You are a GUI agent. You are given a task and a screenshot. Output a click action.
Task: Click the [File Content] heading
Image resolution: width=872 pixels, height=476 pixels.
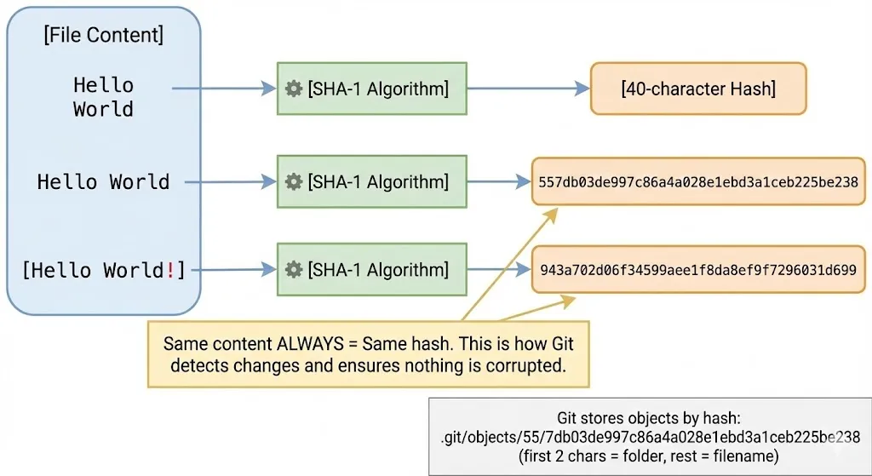click(103, 36)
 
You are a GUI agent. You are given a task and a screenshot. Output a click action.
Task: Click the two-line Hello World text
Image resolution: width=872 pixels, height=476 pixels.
click(103, 97)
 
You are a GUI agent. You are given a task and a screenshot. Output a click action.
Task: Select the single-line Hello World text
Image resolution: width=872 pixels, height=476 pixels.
click(103, 182)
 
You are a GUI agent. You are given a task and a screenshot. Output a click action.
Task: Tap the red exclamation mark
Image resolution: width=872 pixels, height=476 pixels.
click(170, 271)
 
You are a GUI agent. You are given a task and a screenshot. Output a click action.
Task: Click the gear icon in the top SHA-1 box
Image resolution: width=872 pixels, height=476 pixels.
click(294, 89)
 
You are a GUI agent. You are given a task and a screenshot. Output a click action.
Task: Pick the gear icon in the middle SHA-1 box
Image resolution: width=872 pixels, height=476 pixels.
click(294, 181)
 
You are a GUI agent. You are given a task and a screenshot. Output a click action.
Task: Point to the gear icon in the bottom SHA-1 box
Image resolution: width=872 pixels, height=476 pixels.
click(294, 270)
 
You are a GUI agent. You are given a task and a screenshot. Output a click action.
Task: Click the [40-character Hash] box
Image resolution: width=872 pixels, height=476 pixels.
click(698, 89)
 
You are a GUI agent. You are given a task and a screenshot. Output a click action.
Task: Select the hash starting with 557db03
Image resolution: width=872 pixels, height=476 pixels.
click(697, 181)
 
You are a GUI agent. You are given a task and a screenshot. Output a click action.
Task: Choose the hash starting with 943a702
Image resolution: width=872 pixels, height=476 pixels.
click(697, 270)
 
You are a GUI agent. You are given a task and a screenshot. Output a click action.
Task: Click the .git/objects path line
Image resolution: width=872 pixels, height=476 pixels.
click(650, 437)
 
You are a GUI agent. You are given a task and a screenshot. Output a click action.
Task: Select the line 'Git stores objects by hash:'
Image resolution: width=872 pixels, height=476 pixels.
click(650, 418)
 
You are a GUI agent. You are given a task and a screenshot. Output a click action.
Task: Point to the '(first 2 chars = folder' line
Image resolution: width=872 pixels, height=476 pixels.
click(650, 456)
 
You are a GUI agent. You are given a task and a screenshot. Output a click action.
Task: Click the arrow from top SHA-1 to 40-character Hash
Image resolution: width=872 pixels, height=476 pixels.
click(528, 89)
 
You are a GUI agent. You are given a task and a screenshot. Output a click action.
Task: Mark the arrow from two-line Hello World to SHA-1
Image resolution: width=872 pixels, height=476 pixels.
click(224, 88)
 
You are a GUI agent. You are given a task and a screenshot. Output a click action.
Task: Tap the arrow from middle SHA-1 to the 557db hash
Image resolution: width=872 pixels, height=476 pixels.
click(499, 181)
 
